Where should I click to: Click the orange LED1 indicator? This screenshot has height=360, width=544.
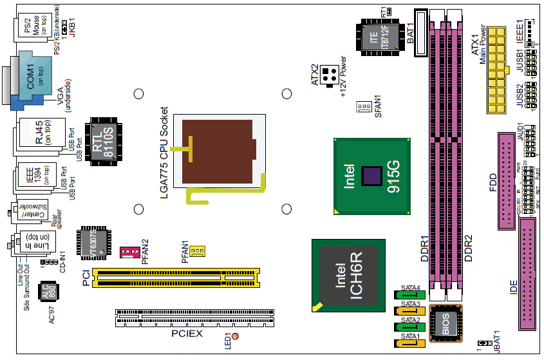coord(236,337)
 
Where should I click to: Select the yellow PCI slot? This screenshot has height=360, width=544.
coord(176,276)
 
